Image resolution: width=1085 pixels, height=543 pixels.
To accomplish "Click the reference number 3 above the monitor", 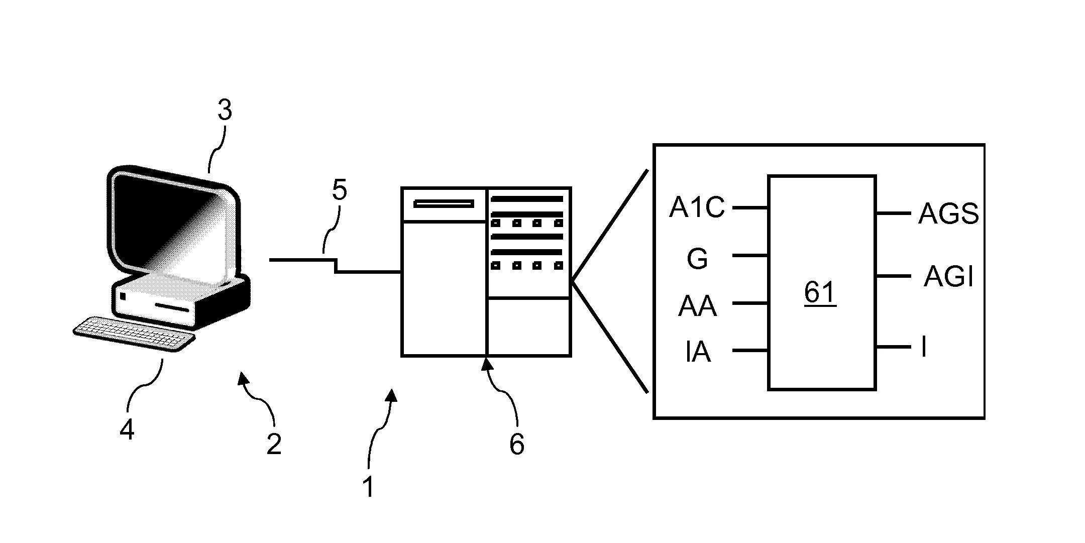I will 225,111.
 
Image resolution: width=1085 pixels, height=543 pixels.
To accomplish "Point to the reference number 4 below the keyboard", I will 127,430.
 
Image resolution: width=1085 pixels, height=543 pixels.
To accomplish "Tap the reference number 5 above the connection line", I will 340,191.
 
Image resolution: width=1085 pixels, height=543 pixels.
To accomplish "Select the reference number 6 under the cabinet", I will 516,444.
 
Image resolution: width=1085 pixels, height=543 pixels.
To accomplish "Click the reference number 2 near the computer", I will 274,444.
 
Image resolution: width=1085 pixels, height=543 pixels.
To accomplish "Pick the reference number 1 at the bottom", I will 369,487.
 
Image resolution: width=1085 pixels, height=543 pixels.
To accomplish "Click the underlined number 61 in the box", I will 820,292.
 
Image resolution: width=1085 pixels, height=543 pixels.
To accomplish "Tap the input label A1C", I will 697,207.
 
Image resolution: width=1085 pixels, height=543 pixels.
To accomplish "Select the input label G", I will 697,260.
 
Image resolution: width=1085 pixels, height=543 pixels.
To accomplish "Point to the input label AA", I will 697,306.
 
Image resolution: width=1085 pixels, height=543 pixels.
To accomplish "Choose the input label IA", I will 698,352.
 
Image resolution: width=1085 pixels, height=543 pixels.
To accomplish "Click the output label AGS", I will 948,214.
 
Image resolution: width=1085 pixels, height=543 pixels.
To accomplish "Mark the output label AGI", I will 948,277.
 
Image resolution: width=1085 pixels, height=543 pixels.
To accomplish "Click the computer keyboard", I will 134,334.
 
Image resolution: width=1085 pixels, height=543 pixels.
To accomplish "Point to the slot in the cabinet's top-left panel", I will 444,204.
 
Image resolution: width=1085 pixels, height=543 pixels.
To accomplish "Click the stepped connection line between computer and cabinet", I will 336,266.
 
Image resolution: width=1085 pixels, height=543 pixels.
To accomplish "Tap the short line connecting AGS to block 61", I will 893,213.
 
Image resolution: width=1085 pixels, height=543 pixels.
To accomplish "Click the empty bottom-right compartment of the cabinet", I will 529,327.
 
